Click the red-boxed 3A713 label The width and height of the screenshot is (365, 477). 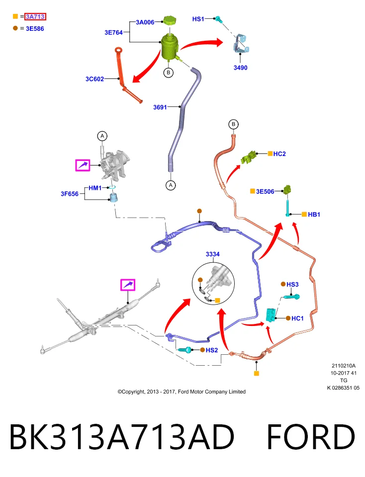point(35,17)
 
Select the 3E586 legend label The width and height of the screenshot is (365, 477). point(35,29)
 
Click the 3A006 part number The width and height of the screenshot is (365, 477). point(145,22)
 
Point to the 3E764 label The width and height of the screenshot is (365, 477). point(113,33)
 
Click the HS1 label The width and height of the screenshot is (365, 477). point(198,19)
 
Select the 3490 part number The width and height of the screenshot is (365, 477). point(241,68)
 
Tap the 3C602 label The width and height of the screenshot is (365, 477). point(94,79)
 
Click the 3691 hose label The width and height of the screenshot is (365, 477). point(160,107)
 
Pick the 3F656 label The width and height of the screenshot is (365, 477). point(70,194)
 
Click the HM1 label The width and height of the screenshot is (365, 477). point(95,188)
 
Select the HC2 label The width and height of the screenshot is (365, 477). point(279,154)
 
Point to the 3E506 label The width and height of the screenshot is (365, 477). point(265,191)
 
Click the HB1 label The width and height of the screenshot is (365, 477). point(314,215)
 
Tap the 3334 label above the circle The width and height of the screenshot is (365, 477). point(212,254)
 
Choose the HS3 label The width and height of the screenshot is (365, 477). point(292,284)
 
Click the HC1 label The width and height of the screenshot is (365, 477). point(297,318)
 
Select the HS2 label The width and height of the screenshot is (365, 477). point(212,350)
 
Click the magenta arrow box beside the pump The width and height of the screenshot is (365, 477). point(83,165)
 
